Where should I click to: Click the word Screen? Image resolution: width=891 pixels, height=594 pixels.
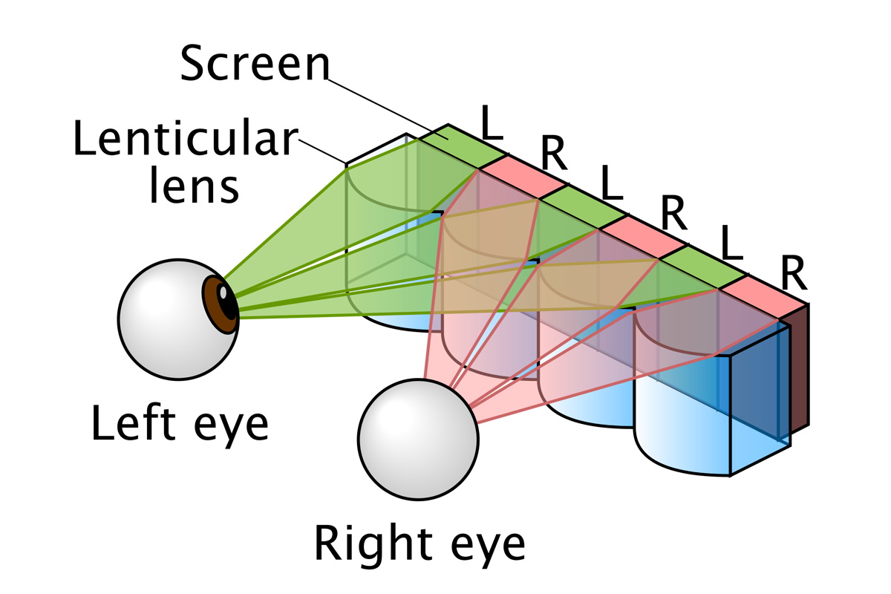pos(255,65)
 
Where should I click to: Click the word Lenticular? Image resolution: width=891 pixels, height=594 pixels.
pos(185,140)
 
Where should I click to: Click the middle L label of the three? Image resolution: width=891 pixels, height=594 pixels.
pos(612,186)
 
